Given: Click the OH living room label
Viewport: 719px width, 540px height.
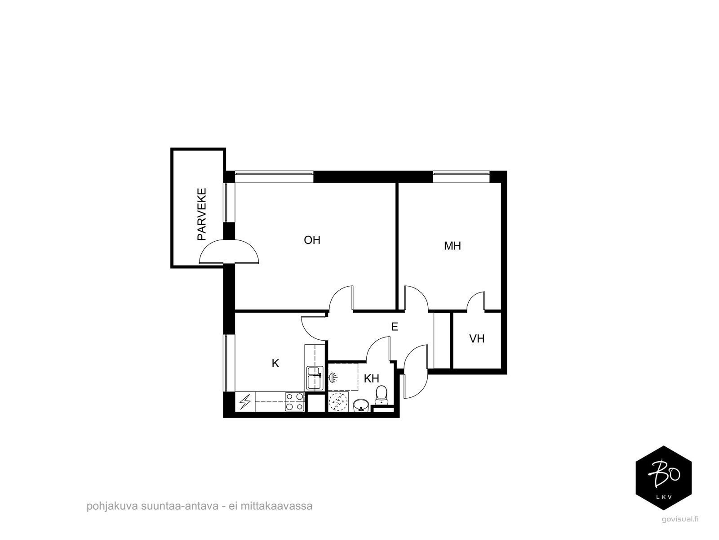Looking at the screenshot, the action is [312, 240].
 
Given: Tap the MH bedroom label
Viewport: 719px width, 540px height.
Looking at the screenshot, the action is [453, 246].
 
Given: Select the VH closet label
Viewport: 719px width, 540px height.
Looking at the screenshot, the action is [477, 339].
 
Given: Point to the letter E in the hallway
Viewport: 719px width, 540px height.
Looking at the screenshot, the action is [395, 327].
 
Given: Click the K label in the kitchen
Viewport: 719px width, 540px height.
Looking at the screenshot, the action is [275, 363].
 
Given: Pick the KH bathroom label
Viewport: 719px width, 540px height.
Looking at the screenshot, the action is [372, 379].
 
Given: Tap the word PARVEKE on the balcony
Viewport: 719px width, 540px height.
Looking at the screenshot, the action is [202, 214].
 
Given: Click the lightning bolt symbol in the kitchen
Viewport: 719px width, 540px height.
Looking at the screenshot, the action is [245, 402].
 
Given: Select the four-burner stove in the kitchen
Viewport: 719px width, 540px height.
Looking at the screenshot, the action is [294, 402].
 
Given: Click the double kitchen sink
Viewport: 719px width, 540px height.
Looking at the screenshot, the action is [315, 378].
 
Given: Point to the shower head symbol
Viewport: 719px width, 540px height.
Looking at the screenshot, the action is [333, 377].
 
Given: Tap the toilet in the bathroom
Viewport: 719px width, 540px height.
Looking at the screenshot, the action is [381, 395].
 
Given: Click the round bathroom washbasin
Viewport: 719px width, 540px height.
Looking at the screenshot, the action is [361, 405].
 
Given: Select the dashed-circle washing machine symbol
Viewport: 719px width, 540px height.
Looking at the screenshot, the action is [338, 401].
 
